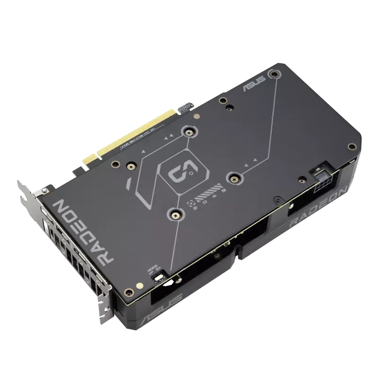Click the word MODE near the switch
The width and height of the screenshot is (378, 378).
[x=152, y=267]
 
